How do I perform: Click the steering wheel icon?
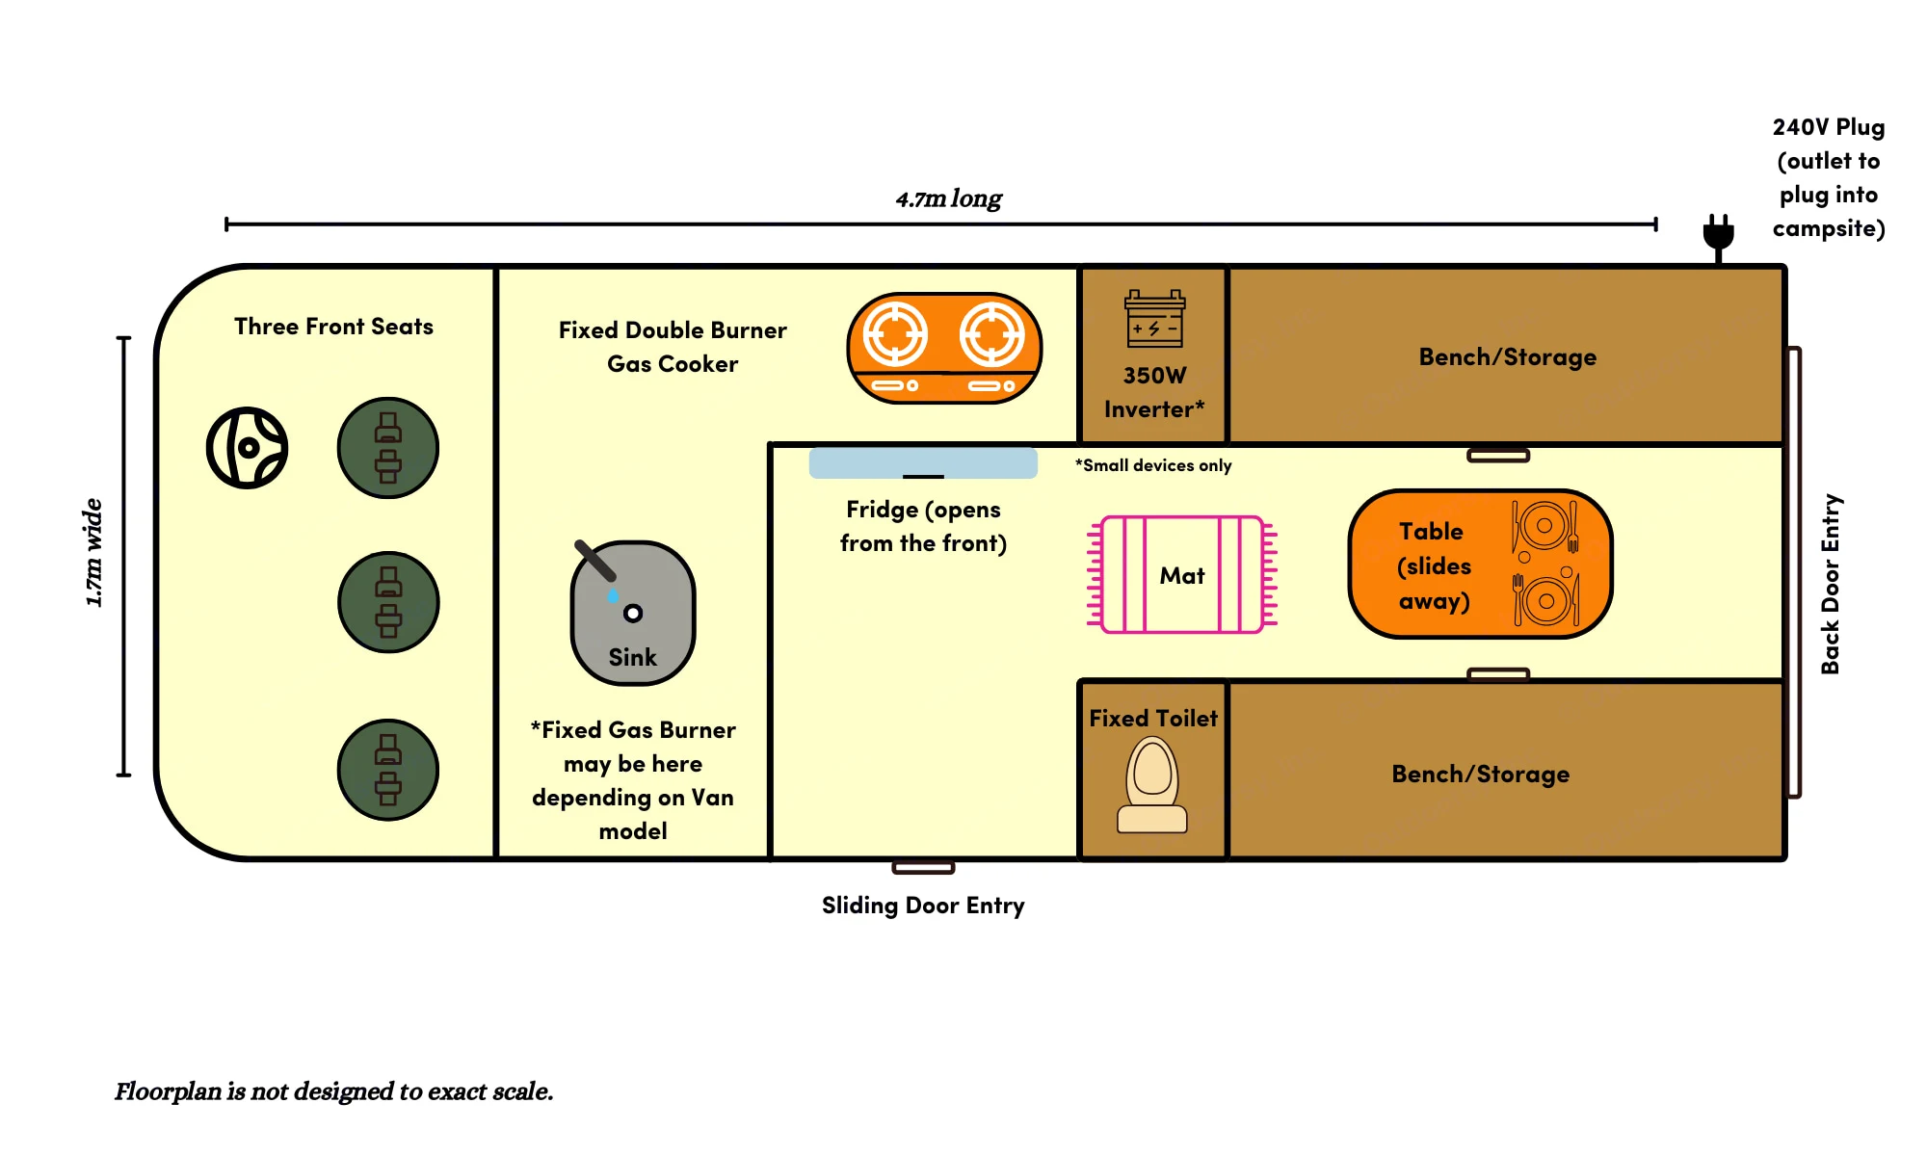click(x=248, y=448)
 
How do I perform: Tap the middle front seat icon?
click(x=388, y=602)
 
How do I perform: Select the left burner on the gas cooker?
click(x=895, y=335)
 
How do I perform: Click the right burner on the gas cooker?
click(x=991, y=335)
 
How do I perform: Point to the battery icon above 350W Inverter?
click(x=1154, y=319)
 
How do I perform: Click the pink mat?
click(x=1182, y=575)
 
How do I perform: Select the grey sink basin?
click(x=633, y=613)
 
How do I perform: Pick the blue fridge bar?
click(x=923, y=463)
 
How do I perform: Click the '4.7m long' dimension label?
click(x=948, y=198)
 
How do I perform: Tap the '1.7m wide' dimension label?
click(x=93, y=553)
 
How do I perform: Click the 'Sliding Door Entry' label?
click(x=923, y=906)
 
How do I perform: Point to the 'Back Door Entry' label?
click(x=1831, y=584)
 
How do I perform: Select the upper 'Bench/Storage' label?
click(x=1507, y=357)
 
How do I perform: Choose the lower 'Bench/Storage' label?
click(x=1480, y=775)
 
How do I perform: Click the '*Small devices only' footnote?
click(x=1153, y=465)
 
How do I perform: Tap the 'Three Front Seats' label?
click(x=333, y=327)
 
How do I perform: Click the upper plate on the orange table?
click(x=1544, y=526)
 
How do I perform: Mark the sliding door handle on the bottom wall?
click(x=923, y=868)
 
